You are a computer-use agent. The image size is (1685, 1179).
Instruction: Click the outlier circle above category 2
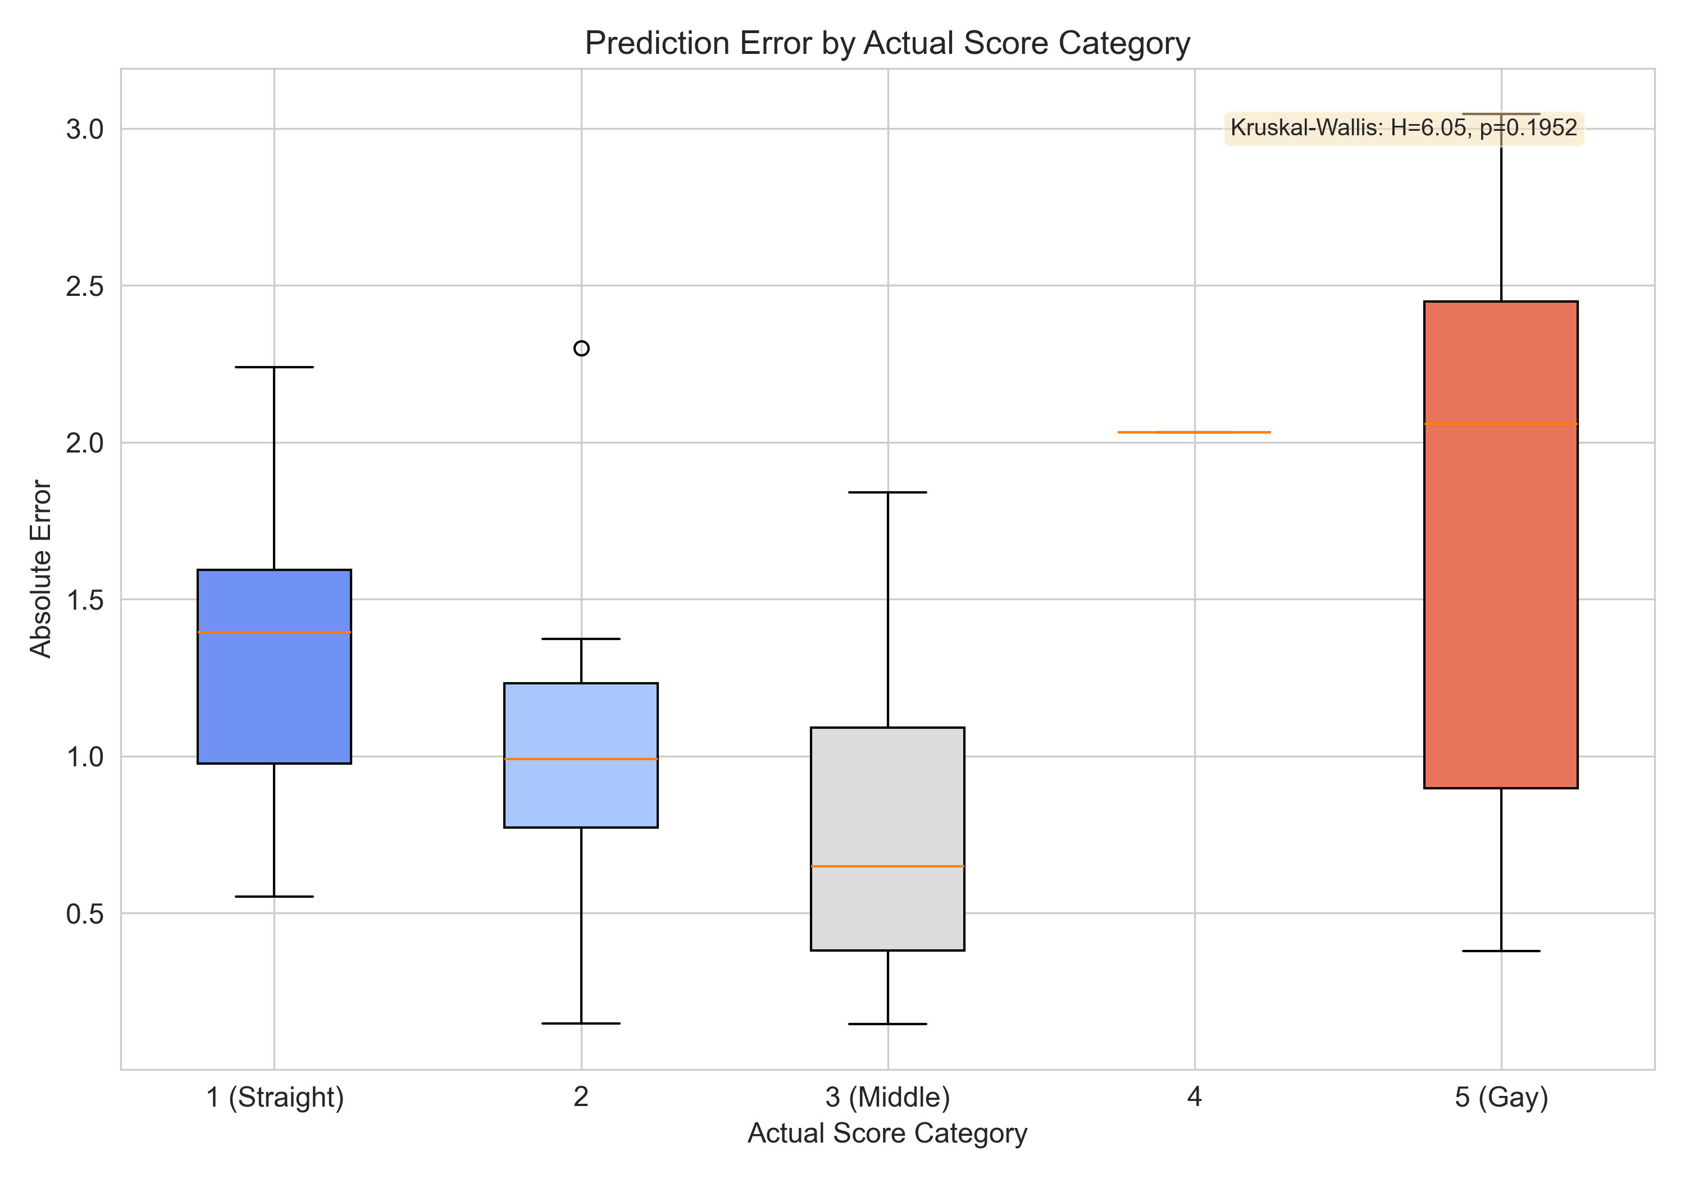tap(581, 349)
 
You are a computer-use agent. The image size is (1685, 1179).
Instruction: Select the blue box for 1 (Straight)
tap(275, 697)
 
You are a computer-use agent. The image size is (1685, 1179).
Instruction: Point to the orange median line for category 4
tap(1194, 432)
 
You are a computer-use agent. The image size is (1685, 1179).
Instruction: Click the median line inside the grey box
tap(887, 866)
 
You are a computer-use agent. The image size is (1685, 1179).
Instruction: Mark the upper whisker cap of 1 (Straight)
tap(275, 367)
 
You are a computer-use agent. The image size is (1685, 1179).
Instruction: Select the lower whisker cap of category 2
tap(581, 1023)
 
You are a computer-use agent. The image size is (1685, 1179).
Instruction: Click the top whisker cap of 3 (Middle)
tap(887, 492)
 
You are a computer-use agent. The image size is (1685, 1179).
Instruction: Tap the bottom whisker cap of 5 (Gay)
tap(1501, 951)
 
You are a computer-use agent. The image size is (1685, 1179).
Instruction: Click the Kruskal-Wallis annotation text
tap(1403, 129)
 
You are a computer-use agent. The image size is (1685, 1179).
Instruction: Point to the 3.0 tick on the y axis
tap(85, 130)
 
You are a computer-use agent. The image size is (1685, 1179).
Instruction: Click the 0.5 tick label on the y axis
tap(85, 914)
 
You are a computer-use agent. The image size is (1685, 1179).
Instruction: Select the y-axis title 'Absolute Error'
tap(41, 569)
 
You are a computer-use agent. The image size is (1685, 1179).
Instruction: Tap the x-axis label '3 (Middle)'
tap(887, 1097)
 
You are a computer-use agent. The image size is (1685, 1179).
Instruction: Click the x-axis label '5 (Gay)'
tap(1501, 1097)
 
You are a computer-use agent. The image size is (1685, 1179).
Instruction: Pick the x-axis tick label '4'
tap(1194, 1097)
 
